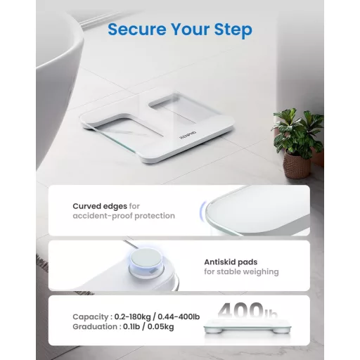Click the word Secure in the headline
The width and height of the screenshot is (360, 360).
[137, 30]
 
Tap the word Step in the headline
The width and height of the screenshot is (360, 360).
[233, 30]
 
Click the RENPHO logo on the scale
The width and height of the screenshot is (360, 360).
[188, 136]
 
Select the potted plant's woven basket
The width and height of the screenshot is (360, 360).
[297, 165]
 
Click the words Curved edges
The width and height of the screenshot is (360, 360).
[100, 206]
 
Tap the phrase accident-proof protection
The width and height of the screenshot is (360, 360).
[124, 216]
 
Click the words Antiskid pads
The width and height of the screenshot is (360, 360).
[231, 262]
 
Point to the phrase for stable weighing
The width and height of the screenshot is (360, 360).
[241, 272]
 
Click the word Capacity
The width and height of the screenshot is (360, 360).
[91, 317]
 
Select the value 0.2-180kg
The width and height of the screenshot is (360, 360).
[132, 317]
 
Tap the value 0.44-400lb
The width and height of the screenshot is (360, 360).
[179, 317]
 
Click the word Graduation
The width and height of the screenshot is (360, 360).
[95, 327]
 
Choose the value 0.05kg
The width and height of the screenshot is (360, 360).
[160, 327]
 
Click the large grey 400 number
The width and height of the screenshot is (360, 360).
[240, 310]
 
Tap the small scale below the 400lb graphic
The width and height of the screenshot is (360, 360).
[247, 326]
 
